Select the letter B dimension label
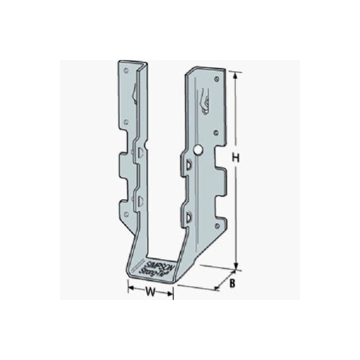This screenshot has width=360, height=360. point(231,283)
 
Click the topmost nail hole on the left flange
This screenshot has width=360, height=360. point(127,70)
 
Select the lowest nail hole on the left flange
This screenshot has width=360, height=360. point(128,214)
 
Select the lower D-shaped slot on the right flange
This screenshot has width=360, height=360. point(188,217)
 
